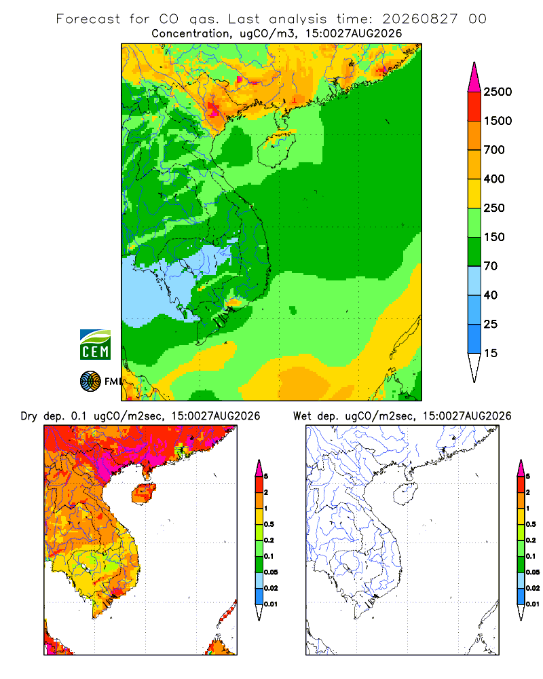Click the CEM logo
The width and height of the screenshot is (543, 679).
point(95,344)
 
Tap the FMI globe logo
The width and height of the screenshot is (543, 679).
point(90,382)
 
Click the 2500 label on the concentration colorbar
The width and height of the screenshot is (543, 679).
point(498,92)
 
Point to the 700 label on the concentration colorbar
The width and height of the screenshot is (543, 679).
point(494,150)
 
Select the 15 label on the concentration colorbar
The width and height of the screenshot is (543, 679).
point(491,353)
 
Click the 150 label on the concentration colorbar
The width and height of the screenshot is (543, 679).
point(494,237)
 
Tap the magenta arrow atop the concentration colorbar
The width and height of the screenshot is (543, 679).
point(474,77)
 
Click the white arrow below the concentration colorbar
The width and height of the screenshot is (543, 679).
point(474,368)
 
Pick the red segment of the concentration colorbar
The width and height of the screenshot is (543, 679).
point(474,107)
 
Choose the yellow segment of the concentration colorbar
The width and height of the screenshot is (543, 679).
point(474,194)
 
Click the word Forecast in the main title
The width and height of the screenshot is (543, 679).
point(88,19)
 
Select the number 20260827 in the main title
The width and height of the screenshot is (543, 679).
point(419,19)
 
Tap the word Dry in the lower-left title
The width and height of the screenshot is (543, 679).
point(29,416)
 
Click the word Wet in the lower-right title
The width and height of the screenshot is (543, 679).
point(302,416)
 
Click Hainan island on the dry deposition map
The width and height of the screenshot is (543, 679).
point(143,494)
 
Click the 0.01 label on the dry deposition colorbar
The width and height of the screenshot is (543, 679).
point(271,604)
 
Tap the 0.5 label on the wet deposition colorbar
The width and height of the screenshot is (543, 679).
point(531,524)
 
